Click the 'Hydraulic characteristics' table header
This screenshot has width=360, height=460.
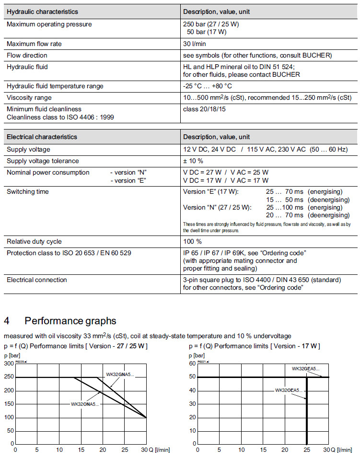pyautogui.click(x=42, y=12)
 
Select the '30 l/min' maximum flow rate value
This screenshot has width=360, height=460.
pyautogui.click(x=194, y=44)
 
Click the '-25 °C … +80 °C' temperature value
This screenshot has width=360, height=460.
pyautogui.click(x=208, y=86)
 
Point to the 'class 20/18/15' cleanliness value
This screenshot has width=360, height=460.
pyautogui.click(x=205, y=109)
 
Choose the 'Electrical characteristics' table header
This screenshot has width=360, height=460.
pyautogui.click(x=42, y=137)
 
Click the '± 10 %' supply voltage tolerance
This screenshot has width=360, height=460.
pyautogui.click(x=193, y=161)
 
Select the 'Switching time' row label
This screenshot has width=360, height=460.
pyautogui.click(x=28, y=192)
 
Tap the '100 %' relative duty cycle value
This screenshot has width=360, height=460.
pyautogui.click(x=192, y=242)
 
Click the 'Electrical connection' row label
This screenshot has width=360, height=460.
pyautogui.click(x=37, y=280)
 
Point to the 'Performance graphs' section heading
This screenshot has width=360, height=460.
pyautogui.click(x=70, y=320)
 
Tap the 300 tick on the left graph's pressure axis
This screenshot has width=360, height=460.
pyautogui.click(x=9, y=364)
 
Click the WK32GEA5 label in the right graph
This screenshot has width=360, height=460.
pyautogui.click(x=306, y=369)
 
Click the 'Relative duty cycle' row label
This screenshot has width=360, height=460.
pyautogui.click(x=34, y=242)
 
